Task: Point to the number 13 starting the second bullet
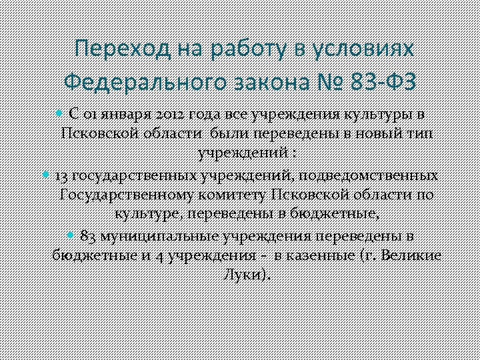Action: pyautogui.click(x=61, y=176)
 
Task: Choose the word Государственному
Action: pyautogui.click(x=126, y=195)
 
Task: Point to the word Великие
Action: pyautogui.click(x=412, y=256)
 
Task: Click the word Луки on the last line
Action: pyautogui.click(x=243, y=275)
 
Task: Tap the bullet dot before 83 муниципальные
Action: pyautogui.click(x=71, y=235)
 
